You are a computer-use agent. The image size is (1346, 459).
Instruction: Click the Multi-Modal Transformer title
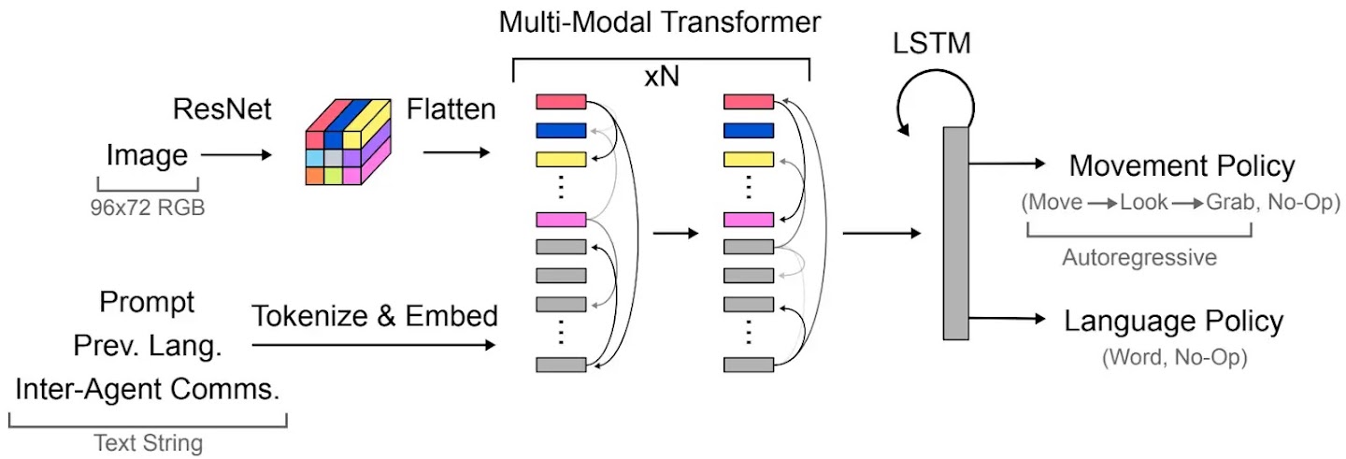[660, 22]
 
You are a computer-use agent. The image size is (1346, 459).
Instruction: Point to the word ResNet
[222, 111]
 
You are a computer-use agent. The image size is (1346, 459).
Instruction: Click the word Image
[147, 154]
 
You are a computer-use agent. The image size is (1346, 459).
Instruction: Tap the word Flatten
[451, 111]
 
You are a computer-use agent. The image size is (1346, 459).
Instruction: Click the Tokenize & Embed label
[374, 316]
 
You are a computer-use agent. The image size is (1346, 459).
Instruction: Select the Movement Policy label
[1182, 166]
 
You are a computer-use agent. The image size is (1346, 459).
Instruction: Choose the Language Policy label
[1174, 321]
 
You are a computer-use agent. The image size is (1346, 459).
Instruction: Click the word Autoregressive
[1139, 257]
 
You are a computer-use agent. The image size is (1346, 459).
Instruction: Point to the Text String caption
[148, 443]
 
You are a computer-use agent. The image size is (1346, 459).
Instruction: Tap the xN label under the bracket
[660, 80]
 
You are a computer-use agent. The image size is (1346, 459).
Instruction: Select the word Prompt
[147, 304]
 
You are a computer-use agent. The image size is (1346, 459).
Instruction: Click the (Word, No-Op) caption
[1174, 357]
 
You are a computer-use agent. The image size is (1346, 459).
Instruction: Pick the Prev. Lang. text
[147, 346]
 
